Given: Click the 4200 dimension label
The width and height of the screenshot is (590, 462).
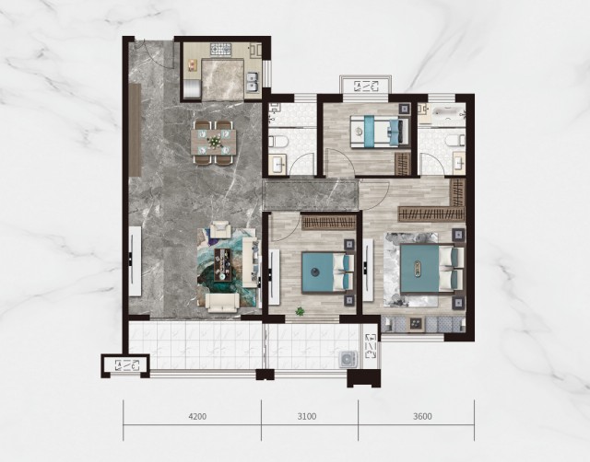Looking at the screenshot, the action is click(197, 416).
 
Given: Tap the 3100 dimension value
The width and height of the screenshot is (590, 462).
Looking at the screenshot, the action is click(307, 416).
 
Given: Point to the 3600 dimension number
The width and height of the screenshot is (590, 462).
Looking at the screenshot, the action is click(422, 416).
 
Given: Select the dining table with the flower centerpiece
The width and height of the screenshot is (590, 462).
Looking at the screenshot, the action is click(214, 142).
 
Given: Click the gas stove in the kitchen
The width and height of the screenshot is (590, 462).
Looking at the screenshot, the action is click(222, 50).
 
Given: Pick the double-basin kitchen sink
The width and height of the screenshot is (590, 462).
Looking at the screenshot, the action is click(252, 82).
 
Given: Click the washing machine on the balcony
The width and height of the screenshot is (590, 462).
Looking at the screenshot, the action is click(347, 359).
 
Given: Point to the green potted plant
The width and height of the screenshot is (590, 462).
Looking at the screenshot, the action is click(300, 311).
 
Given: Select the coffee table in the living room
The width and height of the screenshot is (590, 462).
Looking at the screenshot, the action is click(222, 264).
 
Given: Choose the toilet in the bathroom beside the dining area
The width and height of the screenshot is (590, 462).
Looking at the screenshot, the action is click(277, 142).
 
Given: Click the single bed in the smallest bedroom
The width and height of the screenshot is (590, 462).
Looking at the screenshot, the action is click(379, 132).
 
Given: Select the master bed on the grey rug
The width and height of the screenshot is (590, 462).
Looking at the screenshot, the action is click(431, 268).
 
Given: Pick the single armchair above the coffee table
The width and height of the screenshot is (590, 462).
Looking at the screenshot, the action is click(220, 229).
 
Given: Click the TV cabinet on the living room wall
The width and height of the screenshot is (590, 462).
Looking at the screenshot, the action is click(135, 261).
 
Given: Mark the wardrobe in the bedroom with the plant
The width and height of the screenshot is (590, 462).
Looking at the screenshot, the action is click(328, 223).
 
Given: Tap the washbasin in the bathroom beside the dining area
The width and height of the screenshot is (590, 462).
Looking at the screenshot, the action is click(277, 164).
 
